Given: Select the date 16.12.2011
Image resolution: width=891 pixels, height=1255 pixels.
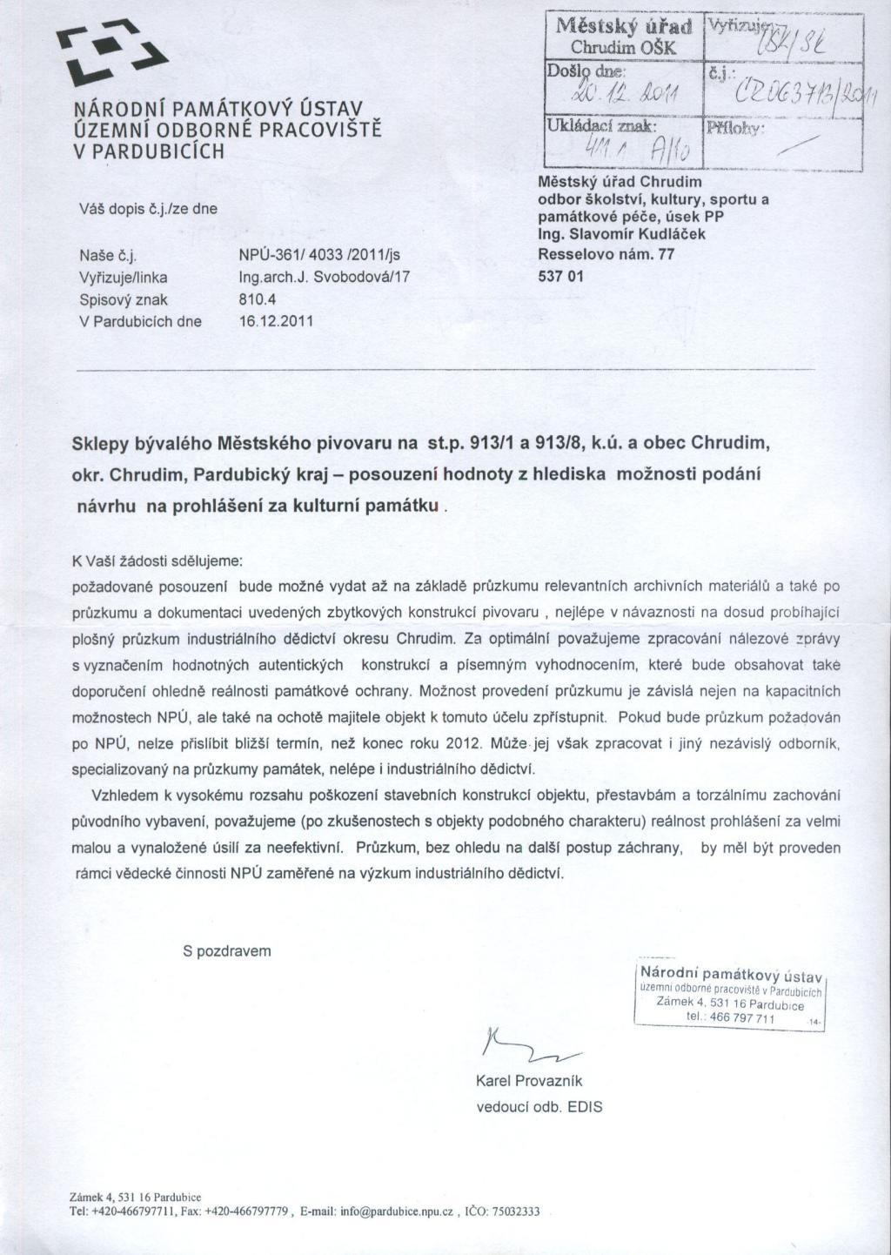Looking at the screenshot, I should click(275, 321).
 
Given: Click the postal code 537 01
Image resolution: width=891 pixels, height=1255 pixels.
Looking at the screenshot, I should click(561, 277).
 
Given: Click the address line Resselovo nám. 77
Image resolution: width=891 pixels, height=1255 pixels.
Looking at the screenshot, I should click(606, 255).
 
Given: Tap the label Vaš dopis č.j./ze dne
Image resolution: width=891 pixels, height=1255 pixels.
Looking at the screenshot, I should click(148, 209).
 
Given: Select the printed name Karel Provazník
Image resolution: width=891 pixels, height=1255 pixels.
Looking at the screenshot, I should click(529, 1081).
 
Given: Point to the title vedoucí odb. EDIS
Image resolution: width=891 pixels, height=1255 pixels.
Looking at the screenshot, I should click(539, 1107).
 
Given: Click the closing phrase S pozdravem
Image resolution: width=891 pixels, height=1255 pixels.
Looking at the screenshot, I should click(227, 951).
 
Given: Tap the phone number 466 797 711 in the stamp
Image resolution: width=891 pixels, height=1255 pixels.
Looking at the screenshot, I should click(741, 1018).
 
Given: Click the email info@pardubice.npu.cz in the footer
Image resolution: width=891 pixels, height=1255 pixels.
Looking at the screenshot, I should click(396, 1211).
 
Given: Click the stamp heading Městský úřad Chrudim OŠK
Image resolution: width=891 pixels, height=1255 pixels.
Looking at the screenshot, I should click(623, 36).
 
